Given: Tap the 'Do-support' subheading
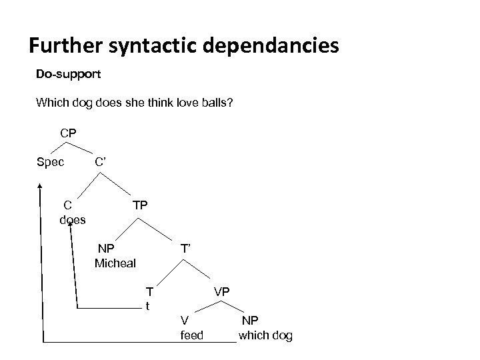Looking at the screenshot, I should point(69,74).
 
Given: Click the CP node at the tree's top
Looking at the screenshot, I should point(68,133).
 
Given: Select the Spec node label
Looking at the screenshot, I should point(50,161).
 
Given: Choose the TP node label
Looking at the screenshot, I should point(140,207).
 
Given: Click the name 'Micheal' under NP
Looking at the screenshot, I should point(115,263).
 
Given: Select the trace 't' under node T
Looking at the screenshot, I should point(148,306).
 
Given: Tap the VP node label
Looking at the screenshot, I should point(222,292).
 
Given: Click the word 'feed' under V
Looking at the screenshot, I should point(192,335).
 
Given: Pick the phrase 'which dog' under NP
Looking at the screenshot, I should point(265,335).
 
